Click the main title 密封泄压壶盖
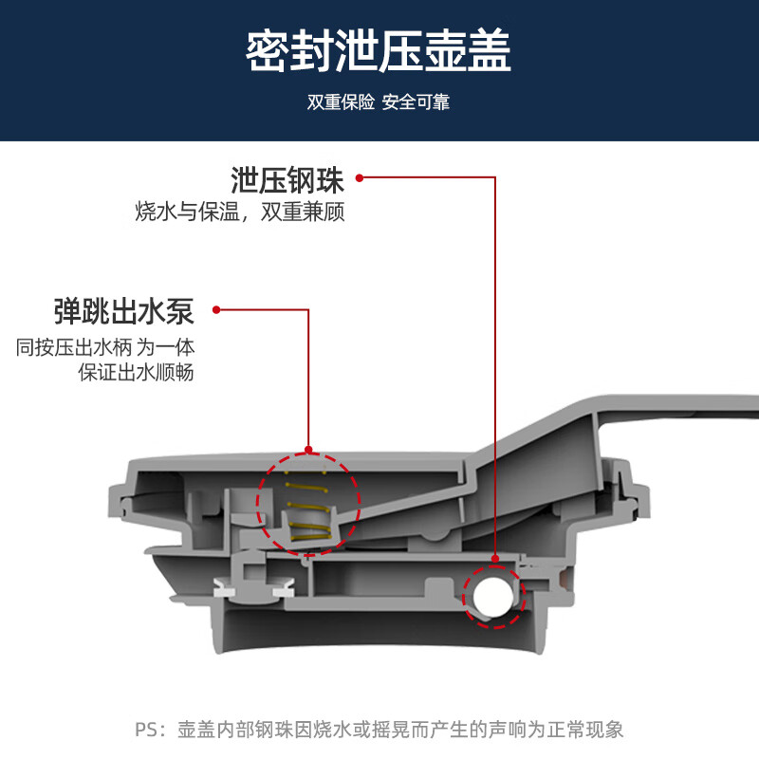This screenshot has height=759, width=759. point(378,51)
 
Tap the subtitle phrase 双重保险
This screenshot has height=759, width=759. point(341,102)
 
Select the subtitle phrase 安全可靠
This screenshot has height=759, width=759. point(416,102)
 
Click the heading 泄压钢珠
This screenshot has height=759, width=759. point(287,180)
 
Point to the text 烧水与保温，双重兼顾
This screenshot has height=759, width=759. point(240,212)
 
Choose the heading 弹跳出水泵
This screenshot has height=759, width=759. point(124,311)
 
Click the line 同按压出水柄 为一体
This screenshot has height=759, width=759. point(105,347)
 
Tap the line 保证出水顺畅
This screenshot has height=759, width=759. point(136,372)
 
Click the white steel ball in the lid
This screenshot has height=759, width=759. point(492,596)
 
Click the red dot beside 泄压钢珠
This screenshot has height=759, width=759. point(360,178)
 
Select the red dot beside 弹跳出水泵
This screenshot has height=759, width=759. point(216,310)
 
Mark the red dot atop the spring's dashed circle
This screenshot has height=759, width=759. point(309,450)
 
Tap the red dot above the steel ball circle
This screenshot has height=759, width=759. point(495,559)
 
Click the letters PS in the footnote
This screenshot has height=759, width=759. point(146,730)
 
